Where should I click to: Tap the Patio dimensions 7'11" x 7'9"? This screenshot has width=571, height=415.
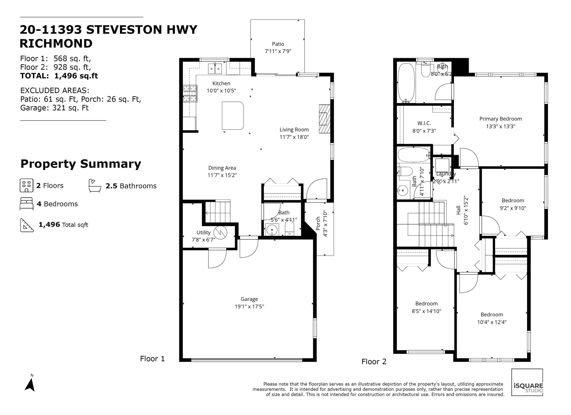pyautogui.click(x=278, y=51)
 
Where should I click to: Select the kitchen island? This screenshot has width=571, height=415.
pyautogui.click(x=233, y=116)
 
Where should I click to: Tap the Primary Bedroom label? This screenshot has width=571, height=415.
pyautogui.click(x=501, y=119)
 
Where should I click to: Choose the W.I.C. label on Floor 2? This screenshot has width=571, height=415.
pyautogui.click(x=424, y=123)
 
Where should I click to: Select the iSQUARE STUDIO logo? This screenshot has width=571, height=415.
pyautogui.click(x=527, y=382)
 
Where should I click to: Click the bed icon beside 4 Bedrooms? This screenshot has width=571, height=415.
pyautogui.click(x=26, y=204)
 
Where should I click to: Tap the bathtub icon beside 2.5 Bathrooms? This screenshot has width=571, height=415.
pyautogui.click(x=95, y=186)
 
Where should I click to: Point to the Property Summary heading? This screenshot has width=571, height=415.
pyautogui.click(x=81, y=164)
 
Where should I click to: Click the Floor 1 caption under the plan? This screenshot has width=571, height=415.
pyautogui.click(x=152, y=359)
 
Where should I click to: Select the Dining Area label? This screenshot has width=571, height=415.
pyautogui.click(x=222, y=168)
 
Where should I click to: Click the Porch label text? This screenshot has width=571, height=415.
pyautogui.click(x=318, y=223)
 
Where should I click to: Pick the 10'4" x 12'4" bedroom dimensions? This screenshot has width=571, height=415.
pyautogui.click(x=492, y=322)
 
